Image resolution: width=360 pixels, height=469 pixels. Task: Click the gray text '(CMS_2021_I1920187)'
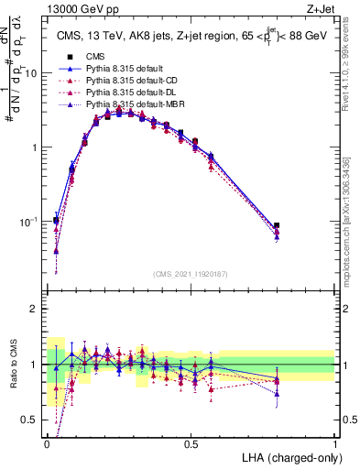pyautogui.click(x=191, y=274)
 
